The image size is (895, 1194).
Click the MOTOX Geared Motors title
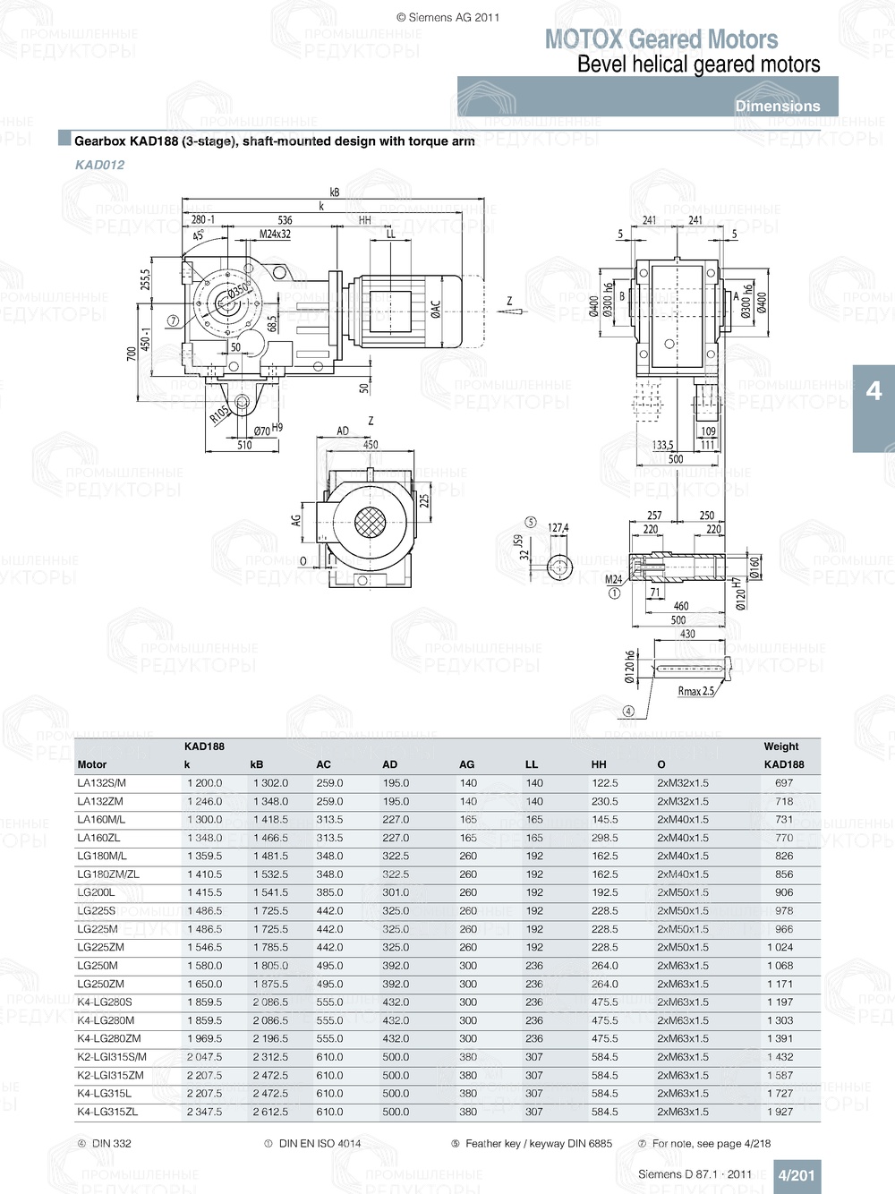coord(661,39)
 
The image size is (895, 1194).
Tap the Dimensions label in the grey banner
coord(777,106)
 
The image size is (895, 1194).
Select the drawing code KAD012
coord(99,165)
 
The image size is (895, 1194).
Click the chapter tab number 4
coord(874,391)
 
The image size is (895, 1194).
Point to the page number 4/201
coord(796,1175)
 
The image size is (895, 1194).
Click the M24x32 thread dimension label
coord(275,235)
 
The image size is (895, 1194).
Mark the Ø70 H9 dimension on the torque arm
coord(268,430)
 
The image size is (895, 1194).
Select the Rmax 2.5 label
coord(695,691)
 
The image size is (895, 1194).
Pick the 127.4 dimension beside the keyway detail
coord(558,528)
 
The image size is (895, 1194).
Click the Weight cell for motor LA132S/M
coord(784,783)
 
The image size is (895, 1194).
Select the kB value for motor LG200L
coord(270,892)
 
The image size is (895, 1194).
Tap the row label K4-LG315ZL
coord(107,1112)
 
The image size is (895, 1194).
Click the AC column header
coord(323,764)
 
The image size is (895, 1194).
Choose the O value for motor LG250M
coord(682,966)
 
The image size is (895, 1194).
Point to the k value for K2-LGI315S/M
coord(204,1057)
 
